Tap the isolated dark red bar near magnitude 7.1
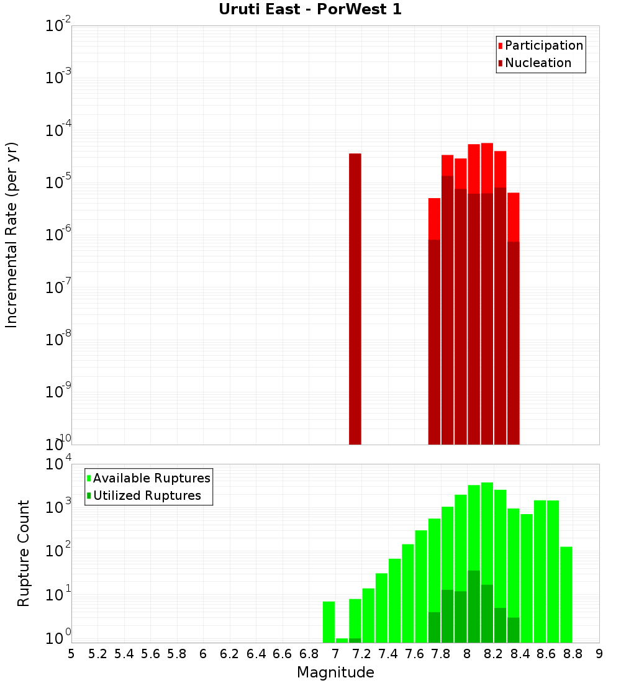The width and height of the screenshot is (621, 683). [355, 298]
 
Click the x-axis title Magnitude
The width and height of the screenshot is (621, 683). [335, 672]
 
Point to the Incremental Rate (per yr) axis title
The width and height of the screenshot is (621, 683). [12, 235]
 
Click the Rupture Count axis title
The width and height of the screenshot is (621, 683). [24, 553]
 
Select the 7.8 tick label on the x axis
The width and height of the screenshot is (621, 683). [441, 654]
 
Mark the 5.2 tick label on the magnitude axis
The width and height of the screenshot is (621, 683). [97, 654]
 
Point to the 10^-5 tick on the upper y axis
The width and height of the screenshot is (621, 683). [58, 183]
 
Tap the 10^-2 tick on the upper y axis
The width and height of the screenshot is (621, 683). [58, 26]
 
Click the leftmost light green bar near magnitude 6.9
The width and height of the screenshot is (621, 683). [329, 622]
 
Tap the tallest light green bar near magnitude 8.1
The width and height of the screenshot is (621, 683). [487, 562]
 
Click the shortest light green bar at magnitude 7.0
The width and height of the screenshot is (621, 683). [342, 640]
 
